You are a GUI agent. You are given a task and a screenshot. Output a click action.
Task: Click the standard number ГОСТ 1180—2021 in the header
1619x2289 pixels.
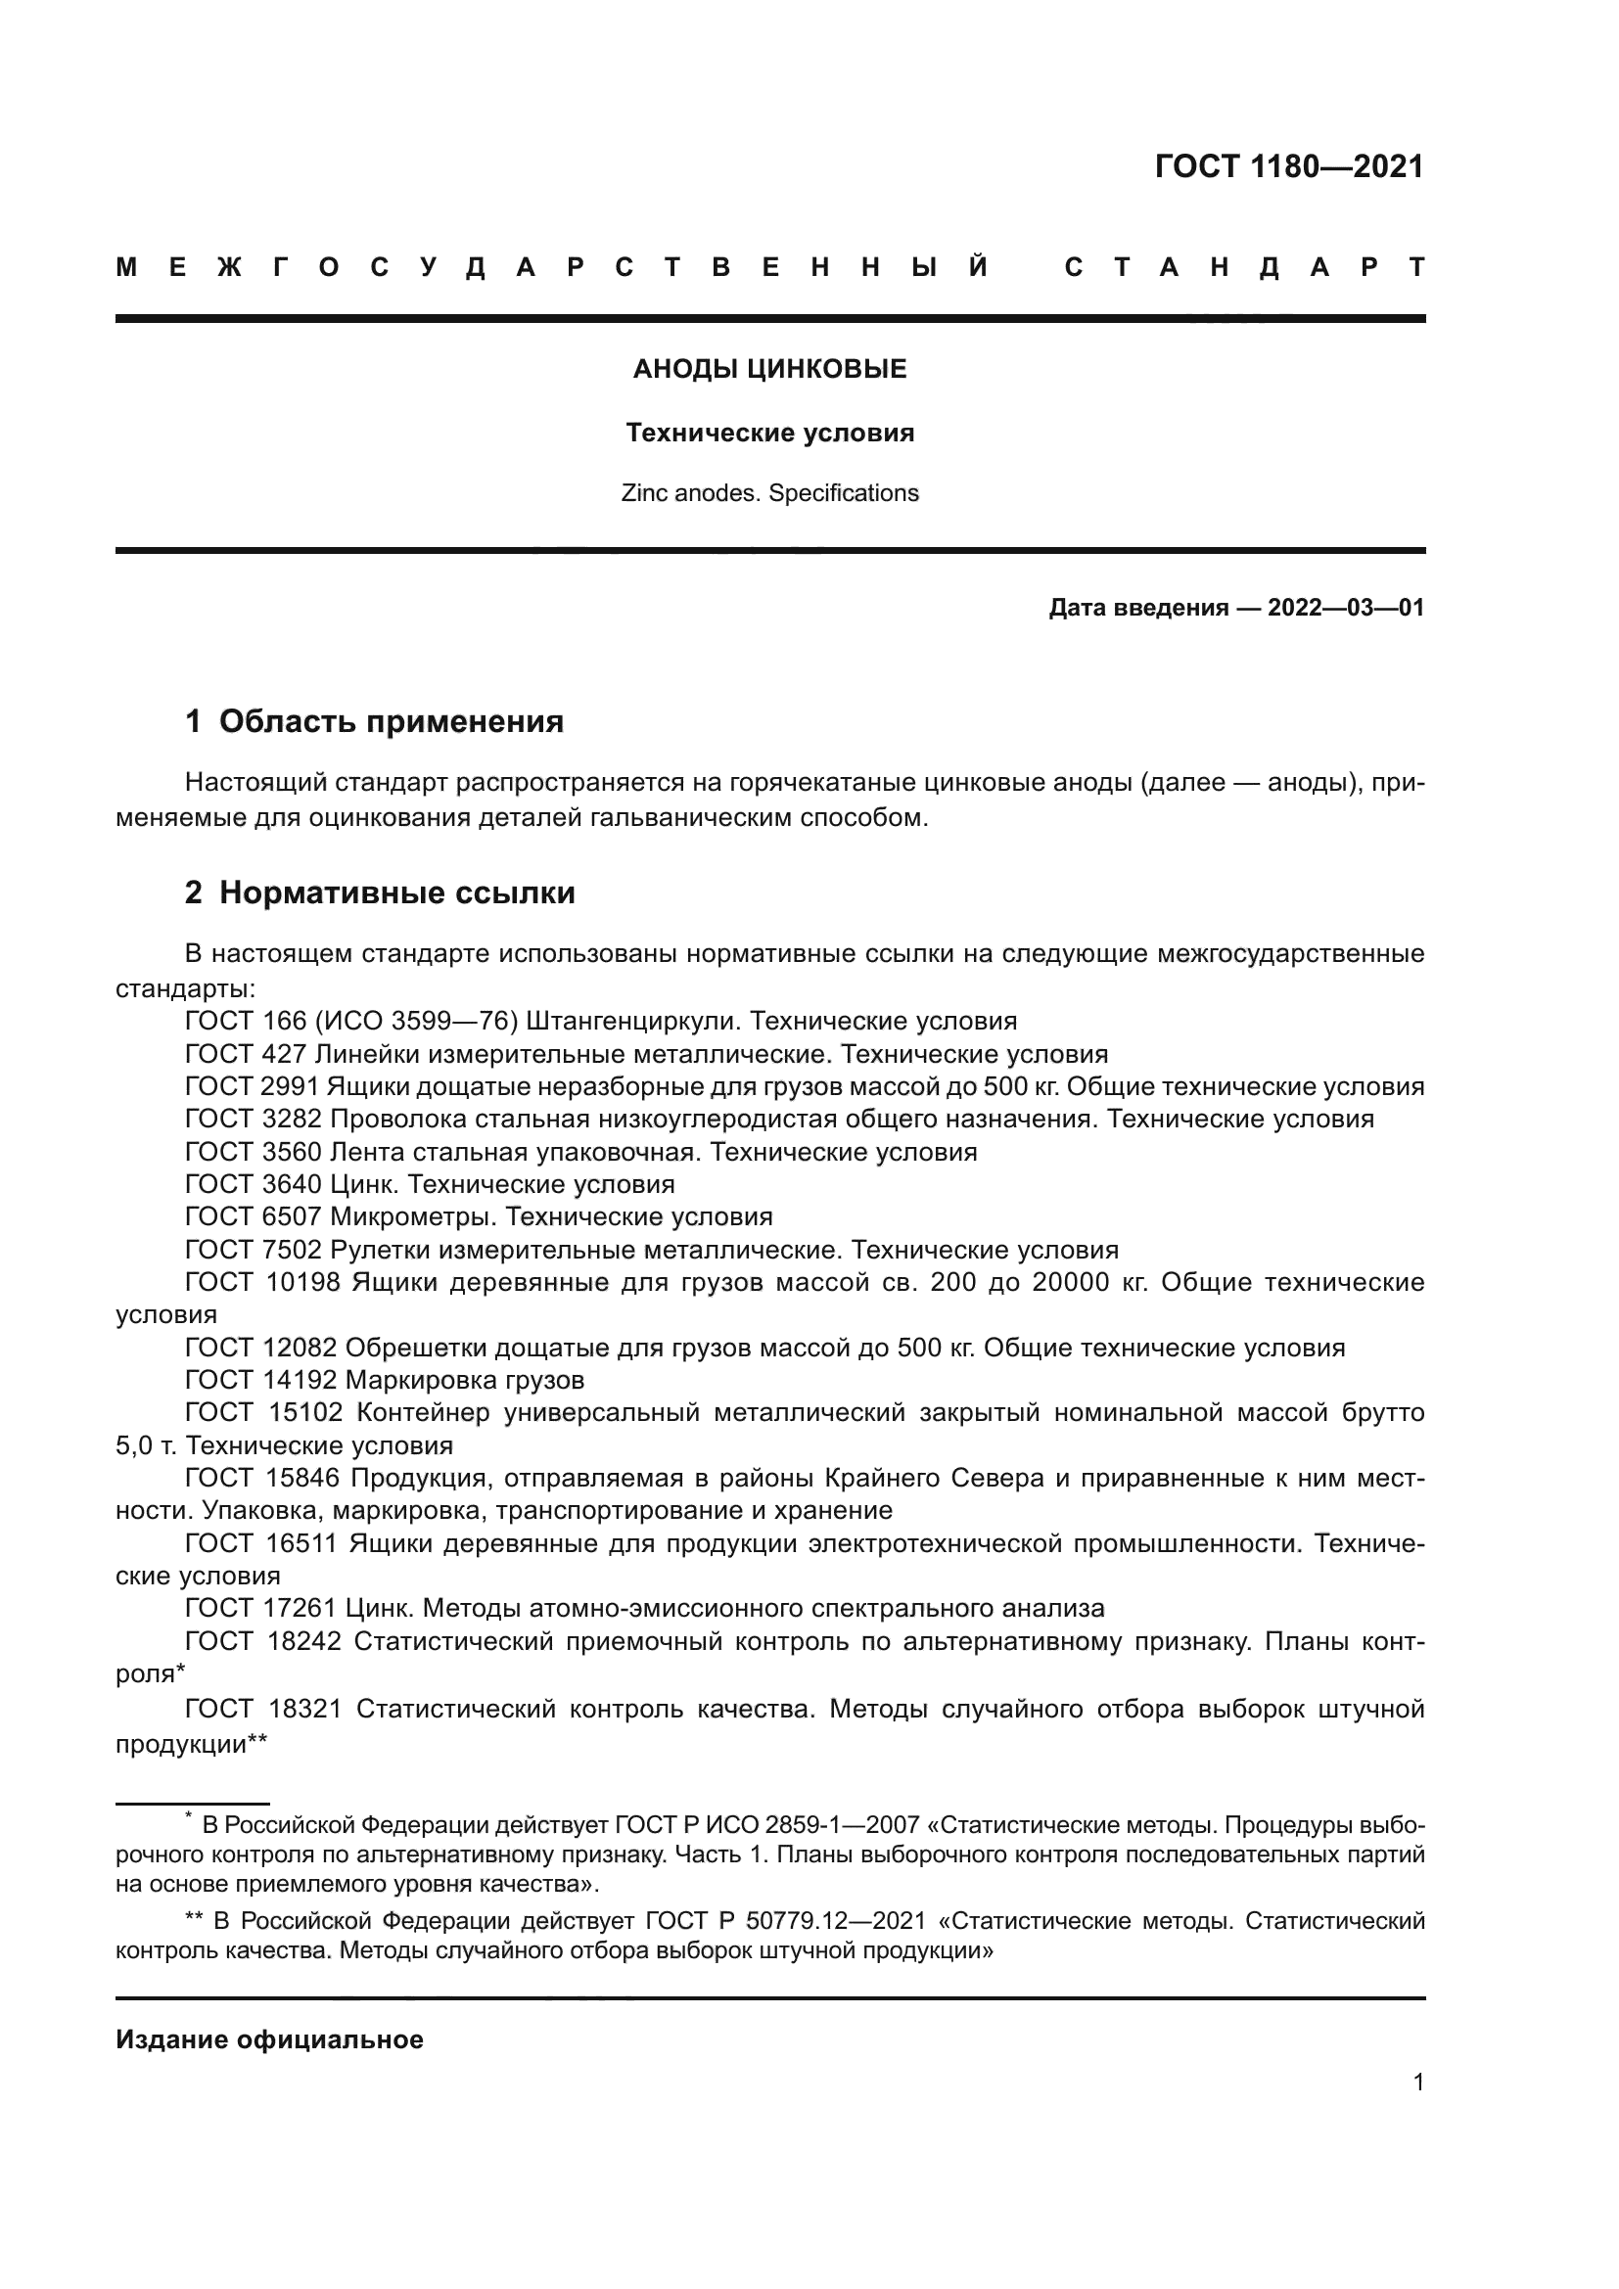coord(1289,166)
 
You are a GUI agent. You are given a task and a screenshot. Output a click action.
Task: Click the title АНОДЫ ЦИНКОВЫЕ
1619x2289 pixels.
coord(769,370)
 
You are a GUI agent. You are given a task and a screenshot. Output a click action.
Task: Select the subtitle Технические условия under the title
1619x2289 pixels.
coord(769,434)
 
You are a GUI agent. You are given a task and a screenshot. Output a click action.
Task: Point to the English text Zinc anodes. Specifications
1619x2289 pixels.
coord(769,493)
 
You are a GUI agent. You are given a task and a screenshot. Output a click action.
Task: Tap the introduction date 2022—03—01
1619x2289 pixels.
coord(1346,608)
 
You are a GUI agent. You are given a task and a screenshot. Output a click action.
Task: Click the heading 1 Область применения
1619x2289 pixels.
coord(374,722)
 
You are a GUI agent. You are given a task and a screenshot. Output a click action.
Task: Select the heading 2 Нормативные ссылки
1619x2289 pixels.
coord(380,893)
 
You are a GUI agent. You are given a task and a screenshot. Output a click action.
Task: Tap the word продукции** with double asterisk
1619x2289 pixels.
coord(192,1745)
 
